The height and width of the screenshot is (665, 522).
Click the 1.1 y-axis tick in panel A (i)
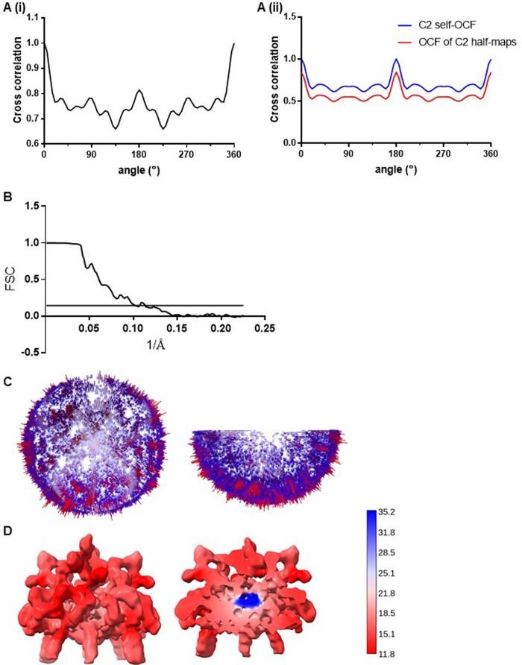click(x=31, y=17)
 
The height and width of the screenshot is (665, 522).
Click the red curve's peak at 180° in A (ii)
click(x=396, y=73)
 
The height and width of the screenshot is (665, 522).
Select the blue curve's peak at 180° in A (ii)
click(x=396, y=59)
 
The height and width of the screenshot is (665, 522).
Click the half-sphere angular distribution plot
click(x=268, y=466)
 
